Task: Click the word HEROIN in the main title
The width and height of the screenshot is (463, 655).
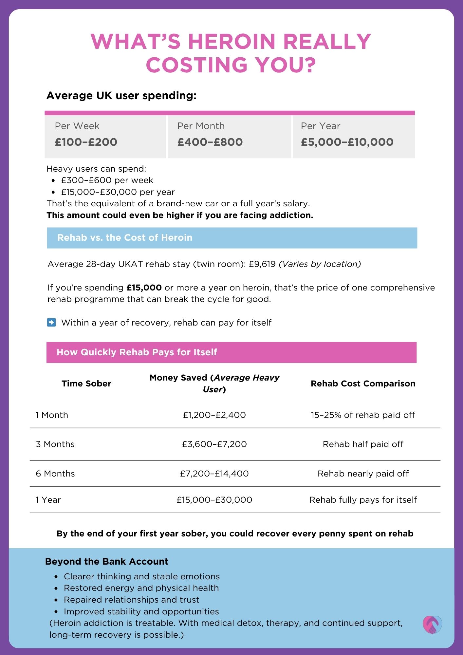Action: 231,42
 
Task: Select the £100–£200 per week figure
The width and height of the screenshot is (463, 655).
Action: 86,142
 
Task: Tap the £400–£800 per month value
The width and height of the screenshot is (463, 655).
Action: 210,142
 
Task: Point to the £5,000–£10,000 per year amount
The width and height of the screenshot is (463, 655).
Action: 347,142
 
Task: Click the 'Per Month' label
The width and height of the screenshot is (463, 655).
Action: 201,126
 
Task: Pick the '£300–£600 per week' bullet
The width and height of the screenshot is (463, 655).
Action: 107,180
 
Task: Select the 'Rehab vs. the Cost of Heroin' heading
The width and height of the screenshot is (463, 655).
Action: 125,238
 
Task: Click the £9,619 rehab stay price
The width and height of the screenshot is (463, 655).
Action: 262,264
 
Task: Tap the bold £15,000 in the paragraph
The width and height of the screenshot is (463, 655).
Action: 144,288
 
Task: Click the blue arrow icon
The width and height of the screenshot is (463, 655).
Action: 51,323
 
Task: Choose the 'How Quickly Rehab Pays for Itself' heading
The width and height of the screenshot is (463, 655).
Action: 137,352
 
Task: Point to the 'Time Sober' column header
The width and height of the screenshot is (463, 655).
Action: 86,384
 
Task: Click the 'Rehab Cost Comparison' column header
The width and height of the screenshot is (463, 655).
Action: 363,384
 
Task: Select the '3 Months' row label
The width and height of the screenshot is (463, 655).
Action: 55,444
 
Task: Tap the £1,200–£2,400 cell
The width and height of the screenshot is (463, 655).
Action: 214,415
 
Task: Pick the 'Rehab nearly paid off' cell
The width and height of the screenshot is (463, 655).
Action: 363,474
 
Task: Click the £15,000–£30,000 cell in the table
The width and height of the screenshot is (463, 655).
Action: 214,500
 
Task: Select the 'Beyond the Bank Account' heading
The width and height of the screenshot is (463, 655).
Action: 107,562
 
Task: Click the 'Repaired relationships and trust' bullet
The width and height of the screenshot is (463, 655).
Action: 131,600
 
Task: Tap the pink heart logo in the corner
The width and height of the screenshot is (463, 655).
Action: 432,625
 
